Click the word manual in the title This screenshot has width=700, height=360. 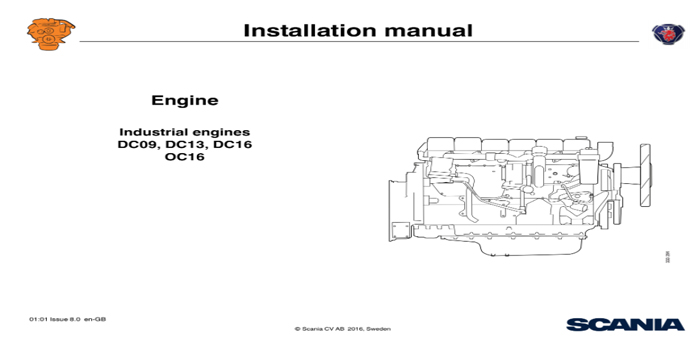424,30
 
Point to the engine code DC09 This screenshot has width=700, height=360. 138,144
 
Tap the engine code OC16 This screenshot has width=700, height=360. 185,157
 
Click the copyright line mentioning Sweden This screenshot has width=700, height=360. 343,329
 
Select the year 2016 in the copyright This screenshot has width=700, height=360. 355,329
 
